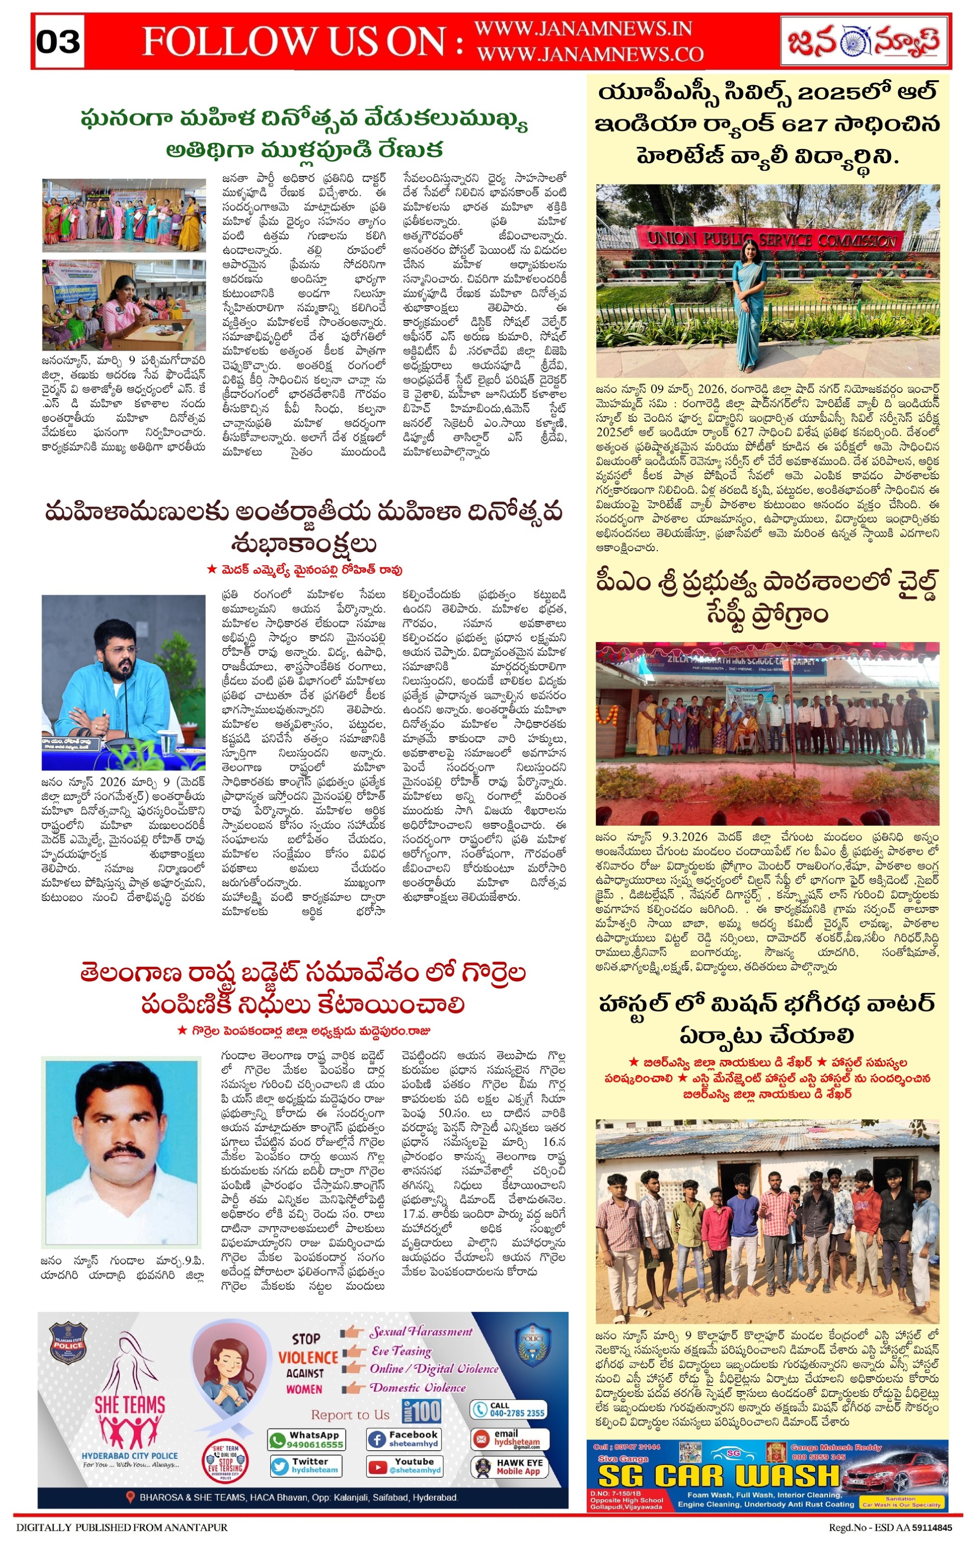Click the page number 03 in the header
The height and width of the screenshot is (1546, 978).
[x=58, y=41]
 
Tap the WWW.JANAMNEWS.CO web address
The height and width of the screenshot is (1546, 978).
[x=590, y=55]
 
